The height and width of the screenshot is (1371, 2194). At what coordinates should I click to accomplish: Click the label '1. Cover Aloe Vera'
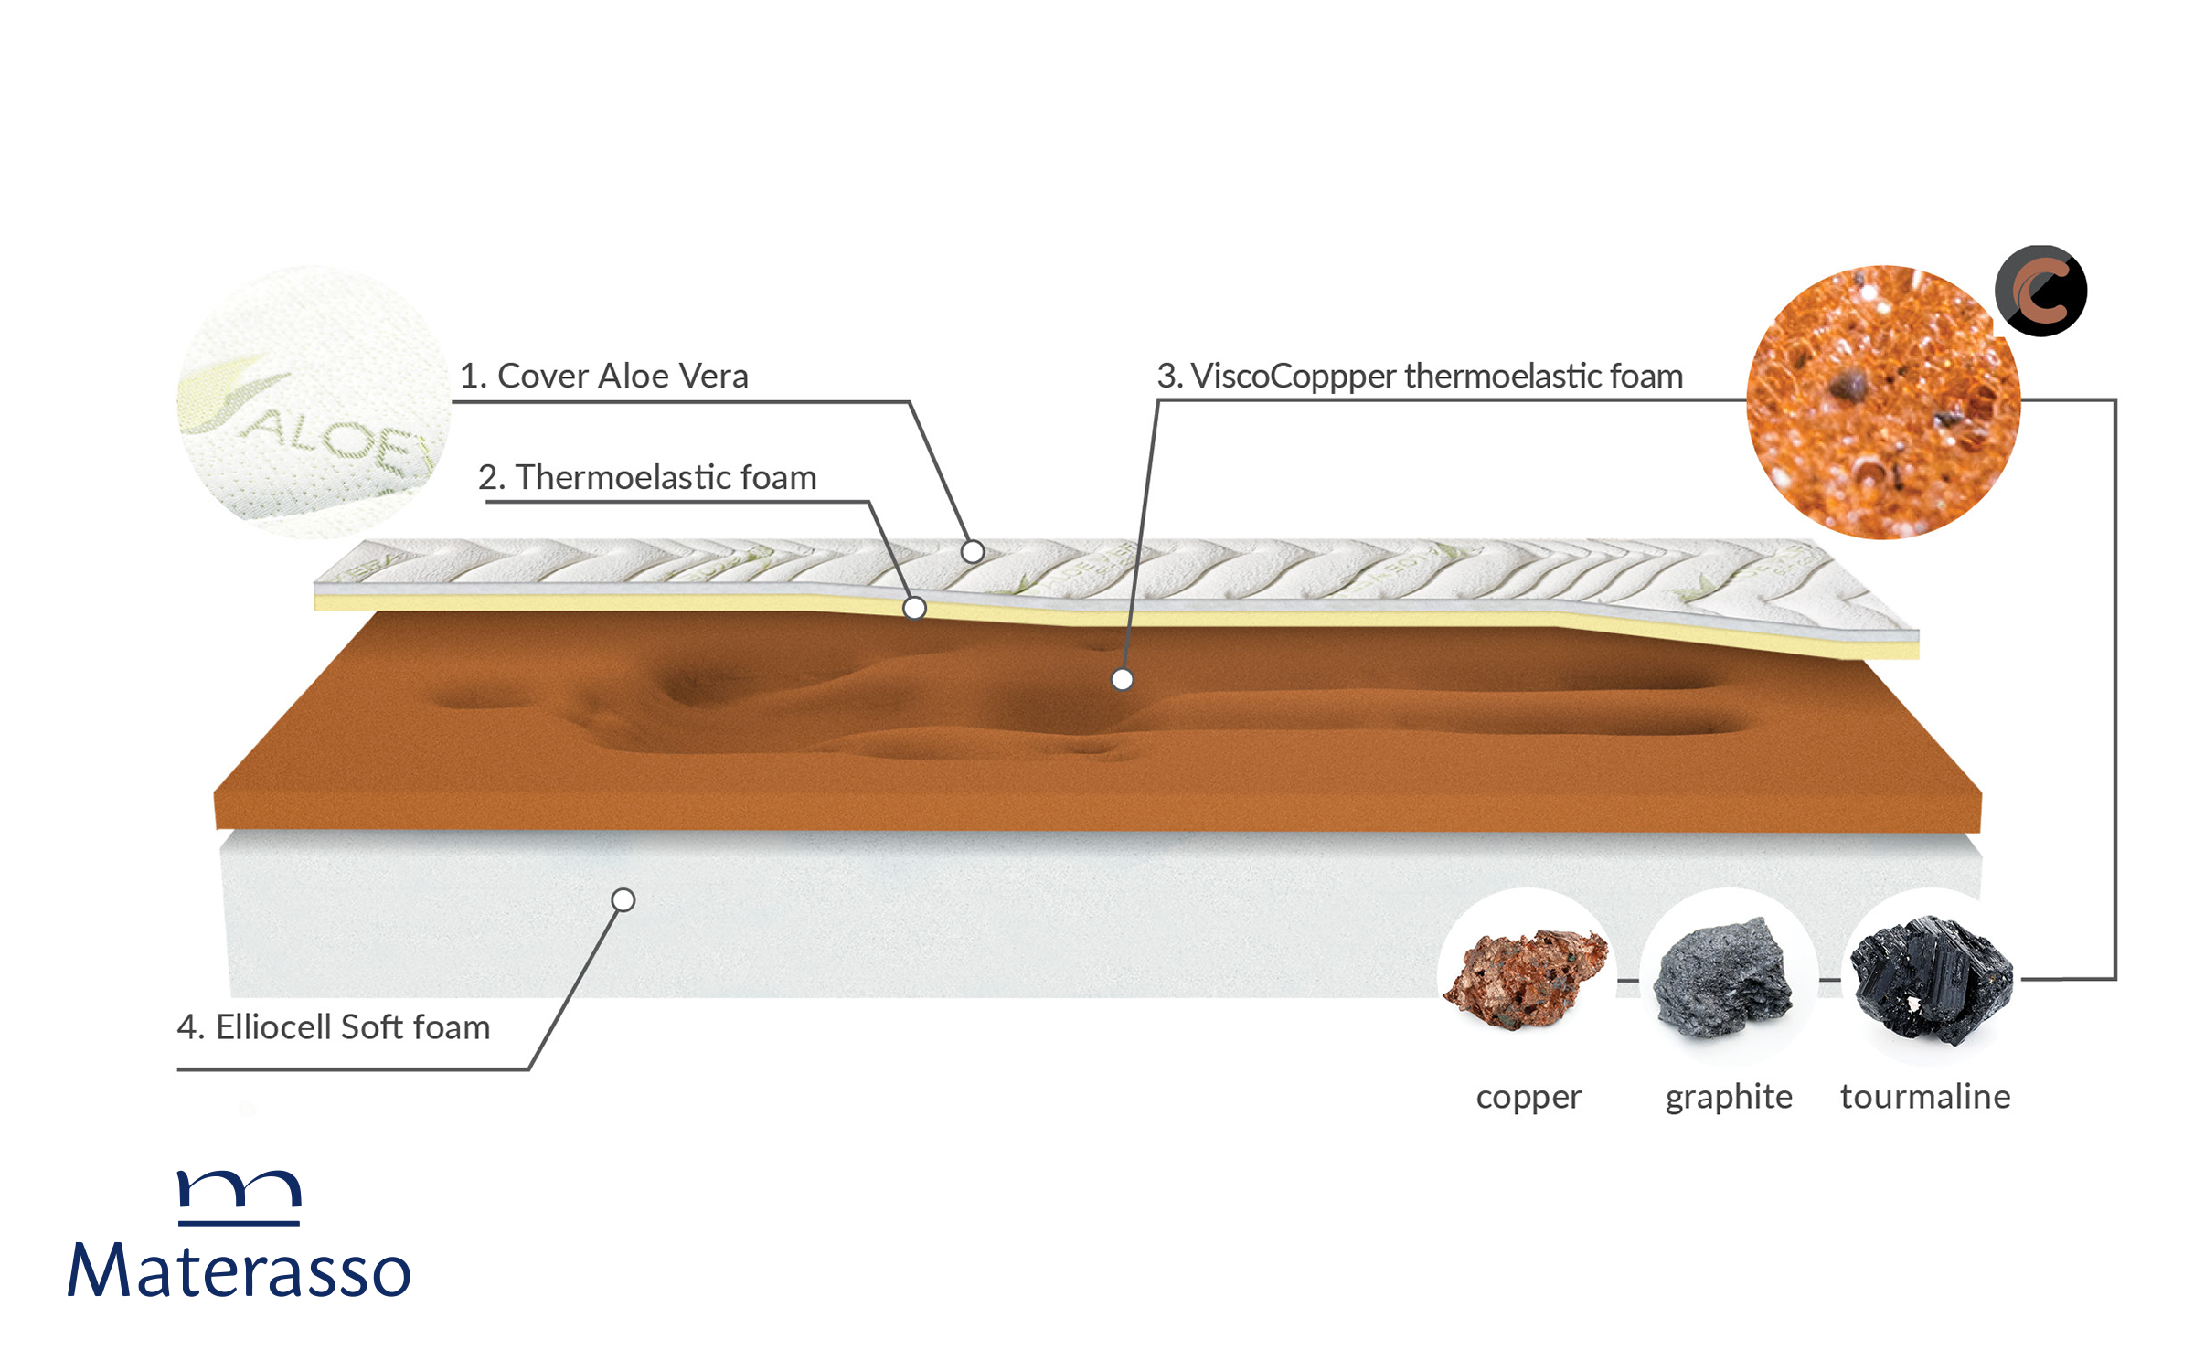(x=603, y=376)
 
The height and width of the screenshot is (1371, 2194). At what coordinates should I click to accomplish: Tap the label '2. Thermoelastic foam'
(x=647, y=477)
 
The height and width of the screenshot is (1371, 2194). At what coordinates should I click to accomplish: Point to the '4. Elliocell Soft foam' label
(x=334, y=1027)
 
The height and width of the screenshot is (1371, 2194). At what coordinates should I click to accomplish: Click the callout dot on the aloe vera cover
(x=973, y=551)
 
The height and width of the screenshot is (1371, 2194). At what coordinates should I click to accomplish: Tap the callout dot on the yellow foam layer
(x=914, y=608)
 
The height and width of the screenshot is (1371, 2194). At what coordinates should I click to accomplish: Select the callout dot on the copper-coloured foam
(x=1122, y=679)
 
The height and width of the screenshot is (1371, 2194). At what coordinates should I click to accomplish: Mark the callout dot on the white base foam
(x=623, y=900)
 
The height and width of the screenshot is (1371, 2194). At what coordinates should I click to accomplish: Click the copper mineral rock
(x=1525, y=978)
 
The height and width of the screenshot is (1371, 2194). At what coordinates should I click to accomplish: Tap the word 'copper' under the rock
(x=1528, y=1097)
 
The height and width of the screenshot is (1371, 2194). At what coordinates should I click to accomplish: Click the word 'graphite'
(x=1729, y=1097)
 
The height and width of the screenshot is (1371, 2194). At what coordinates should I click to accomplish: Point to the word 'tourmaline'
(x=1925, y=1097)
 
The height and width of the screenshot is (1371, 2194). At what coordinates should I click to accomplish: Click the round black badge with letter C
(x=2040, y=291)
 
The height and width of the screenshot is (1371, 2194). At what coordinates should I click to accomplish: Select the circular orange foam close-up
(x=1883, y=402)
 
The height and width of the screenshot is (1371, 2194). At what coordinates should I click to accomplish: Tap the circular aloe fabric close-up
(x=313, y=402)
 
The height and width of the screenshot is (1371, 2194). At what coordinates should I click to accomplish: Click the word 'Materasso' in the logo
(x=240, y=1270)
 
